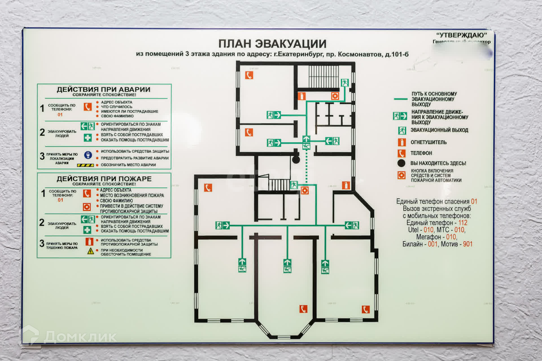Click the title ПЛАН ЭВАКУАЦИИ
tap(272, 44)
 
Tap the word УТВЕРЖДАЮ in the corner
tap(462, 35)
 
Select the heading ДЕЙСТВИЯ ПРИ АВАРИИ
tap(103, 89)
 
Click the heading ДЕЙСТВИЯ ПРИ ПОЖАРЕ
tap(104, 179)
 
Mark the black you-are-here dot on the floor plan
tap(296, 160)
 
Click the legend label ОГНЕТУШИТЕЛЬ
tap(428, 142)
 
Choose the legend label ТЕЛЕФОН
tap(421, 153)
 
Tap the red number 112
tap(463, 223)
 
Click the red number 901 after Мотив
tap(467, 244)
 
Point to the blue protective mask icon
tap(88, 155)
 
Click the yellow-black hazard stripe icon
tap(85, 165)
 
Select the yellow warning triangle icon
tap(91, 251)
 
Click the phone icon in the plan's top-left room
tap(249, 75)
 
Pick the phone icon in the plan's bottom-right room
tap(366, 309)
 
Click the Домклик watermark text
tap(80, 337)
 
